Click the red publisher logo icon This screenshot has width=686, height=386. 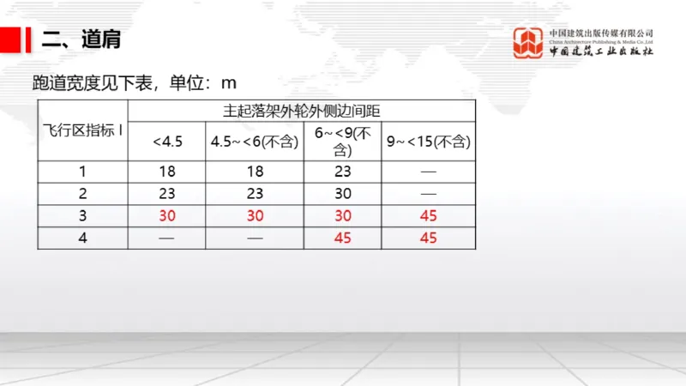(x=528, y=42)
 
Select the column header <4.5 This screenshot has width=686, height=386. (x=167, y=142)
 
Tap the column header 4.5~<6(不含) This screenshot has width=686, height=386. (x=255, y=142)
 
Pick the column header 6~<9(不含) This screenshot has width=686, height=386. (x=342, y=142)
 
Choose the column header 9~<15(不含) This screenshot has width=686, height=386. (x=429, y=142)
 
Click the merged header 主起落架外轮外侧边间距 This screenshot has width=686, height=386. (x=301, y=111)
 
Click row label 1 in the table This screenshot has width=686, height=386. (x=83, y=172)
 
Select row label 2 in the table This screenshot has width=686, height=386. (x=83, y=194)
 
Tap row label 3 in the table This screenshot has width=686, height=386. (x=83, y=216)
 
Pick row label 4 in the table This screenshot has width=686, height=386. (x=83, y=238)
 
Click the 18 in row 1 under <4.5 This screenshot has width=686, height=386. (x=167, y=172)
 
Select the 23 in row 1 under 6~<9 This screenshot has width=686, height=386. (x=342, y=172)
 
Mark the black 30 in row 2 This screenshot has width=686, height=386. (x=342, y=194)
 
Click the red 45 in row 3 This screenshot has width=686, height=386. (x=429, y=216)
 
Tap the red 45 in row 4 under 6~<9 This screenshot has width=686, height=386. (x=342, y=238)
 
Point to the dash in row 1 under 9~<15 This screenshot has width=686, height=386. (x=429, y=172)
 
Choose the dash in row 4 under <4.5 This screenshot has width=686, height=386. (x=167, y=238)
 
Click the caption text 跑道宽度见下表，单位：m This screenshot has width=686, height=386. (x=133, y=83)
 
